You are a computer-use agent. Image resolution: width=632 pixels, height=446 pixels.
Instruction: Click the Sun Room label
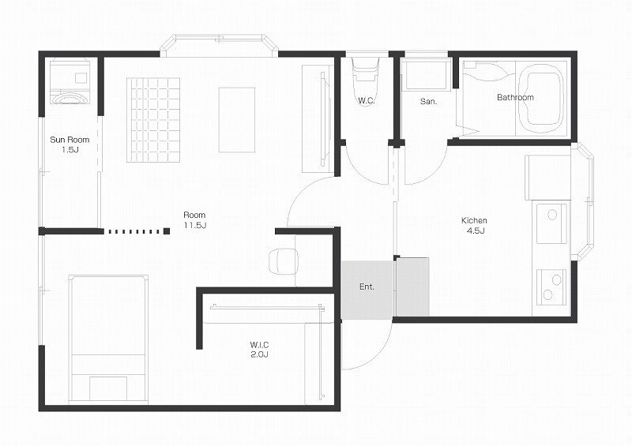pos(70,140)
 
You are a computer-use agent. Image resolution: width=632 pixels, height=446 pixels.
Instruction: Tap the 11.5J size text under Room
pos(195,225)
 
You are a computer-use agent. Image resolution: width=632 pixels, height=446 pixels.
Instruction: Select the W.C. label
pos(367,101)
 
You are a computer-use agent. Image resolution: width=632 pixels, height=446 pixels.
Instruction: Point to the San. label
pos(428,102)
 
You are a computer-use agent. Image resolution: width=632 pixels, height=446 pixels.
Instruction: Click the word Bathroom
pos(515,97)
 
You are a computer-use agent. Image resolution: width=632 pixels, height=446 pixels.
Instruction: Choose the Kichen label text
pos(474,220)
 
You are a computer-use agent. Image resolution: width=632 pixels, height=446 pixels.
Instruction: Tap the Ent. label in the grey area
pos(367,287)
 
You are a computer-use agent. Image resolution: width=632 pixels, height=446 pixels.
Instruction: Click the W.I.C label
pos(259,345)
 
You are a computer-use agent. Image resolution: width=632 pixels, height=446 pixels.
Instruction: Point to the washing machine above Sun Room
pos(71,82)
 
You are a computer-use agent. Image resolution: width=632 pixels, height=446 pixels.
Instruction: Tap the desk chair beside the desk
pos(283,261)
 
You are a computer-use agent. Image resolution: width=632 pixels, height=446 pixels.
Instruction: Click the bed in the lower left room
pos(108,339)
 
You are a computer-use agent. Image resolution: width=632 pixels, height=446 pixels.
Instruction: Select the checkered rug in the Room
pos(153,120)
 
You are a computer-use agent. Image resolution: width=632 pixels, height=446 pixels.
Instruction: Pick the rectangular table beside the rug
pos(237,120)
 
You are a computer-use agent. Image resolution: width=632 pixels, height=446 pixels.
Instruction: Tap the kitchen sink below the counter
pos(551,223)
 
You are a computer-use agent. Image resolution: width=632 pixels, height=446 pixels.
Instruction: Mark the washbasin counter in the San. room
pos(427,75)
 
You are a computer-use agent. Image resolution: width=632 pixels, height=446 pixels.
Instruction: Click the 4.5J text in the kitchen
pos(476,230)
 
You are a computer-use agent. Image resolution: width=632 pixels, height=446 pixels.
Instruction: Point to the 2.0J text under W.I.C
pos(259,354)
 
